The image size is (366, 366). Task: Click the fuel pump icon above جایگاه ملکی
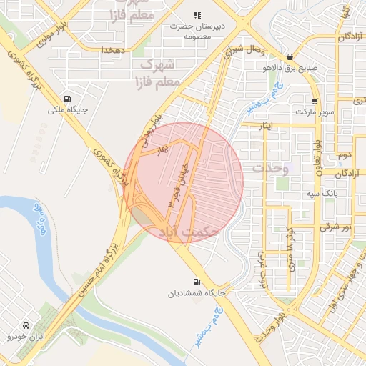tap(67, 99)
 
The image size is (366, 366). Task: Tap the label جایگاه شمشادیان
tap(197, 293)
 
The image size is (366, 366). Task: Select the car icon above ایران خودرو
tap(26, 325)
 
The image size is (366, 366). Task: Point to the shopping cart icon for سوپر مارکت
tap(315, 102)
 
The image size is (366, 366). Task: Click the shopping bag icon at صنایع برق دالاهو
tap(289, 57)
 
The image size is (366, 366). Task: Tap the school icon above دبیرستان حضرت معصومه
tap(197, 15)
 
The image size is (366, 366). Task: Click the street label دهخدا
tap(113, 50)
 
